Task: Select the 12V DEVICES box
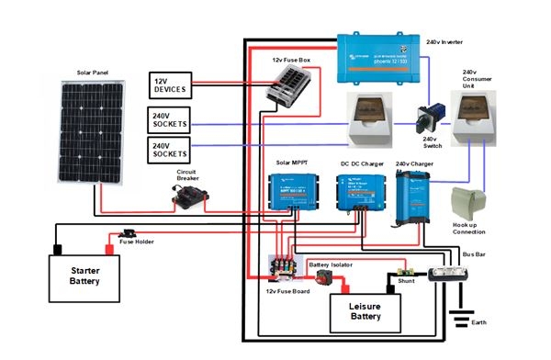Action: [169, 85]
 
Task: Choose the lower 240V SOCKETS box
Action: [169, 149]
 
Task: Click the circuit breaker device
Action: [191, 196]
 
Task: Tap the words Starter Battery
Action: [84, 276]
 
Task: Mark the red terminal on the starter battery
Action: [109, 248]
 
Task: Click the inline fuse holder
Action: [129, 233]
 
